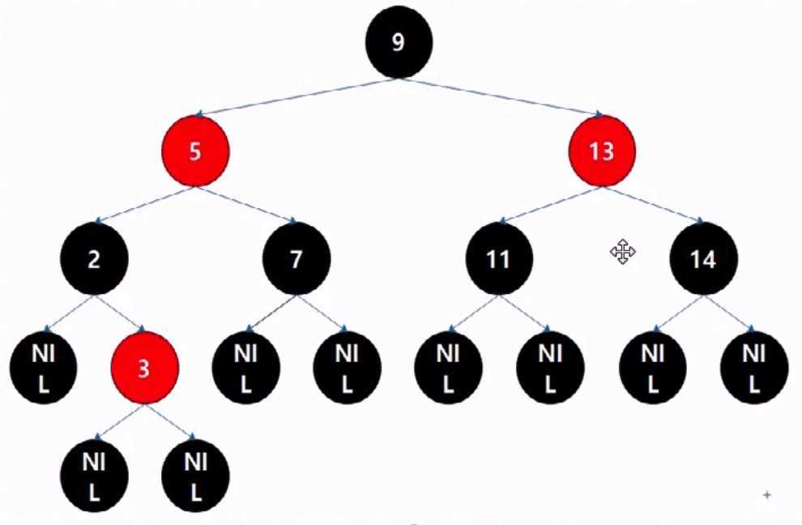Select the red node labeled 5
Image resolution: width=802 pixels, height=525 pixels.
[194, 152]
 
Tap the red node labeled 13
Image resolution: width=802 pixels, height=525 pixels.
[602, 152]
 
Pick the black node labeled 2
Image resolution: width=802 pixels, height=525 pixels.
[93, 259]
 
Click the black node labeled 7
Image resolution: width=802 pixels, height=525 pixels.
[296, 259]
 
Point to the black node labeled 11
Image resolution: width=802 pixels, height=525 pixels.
[500, 259]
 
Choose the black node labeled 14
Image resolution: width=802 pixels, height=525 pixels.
[703, 259]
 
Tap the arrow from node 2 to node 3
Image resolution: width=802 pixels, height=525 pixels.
[119, 314]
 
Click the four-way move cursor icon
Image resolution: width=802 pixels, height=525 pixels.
[622, 252]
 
